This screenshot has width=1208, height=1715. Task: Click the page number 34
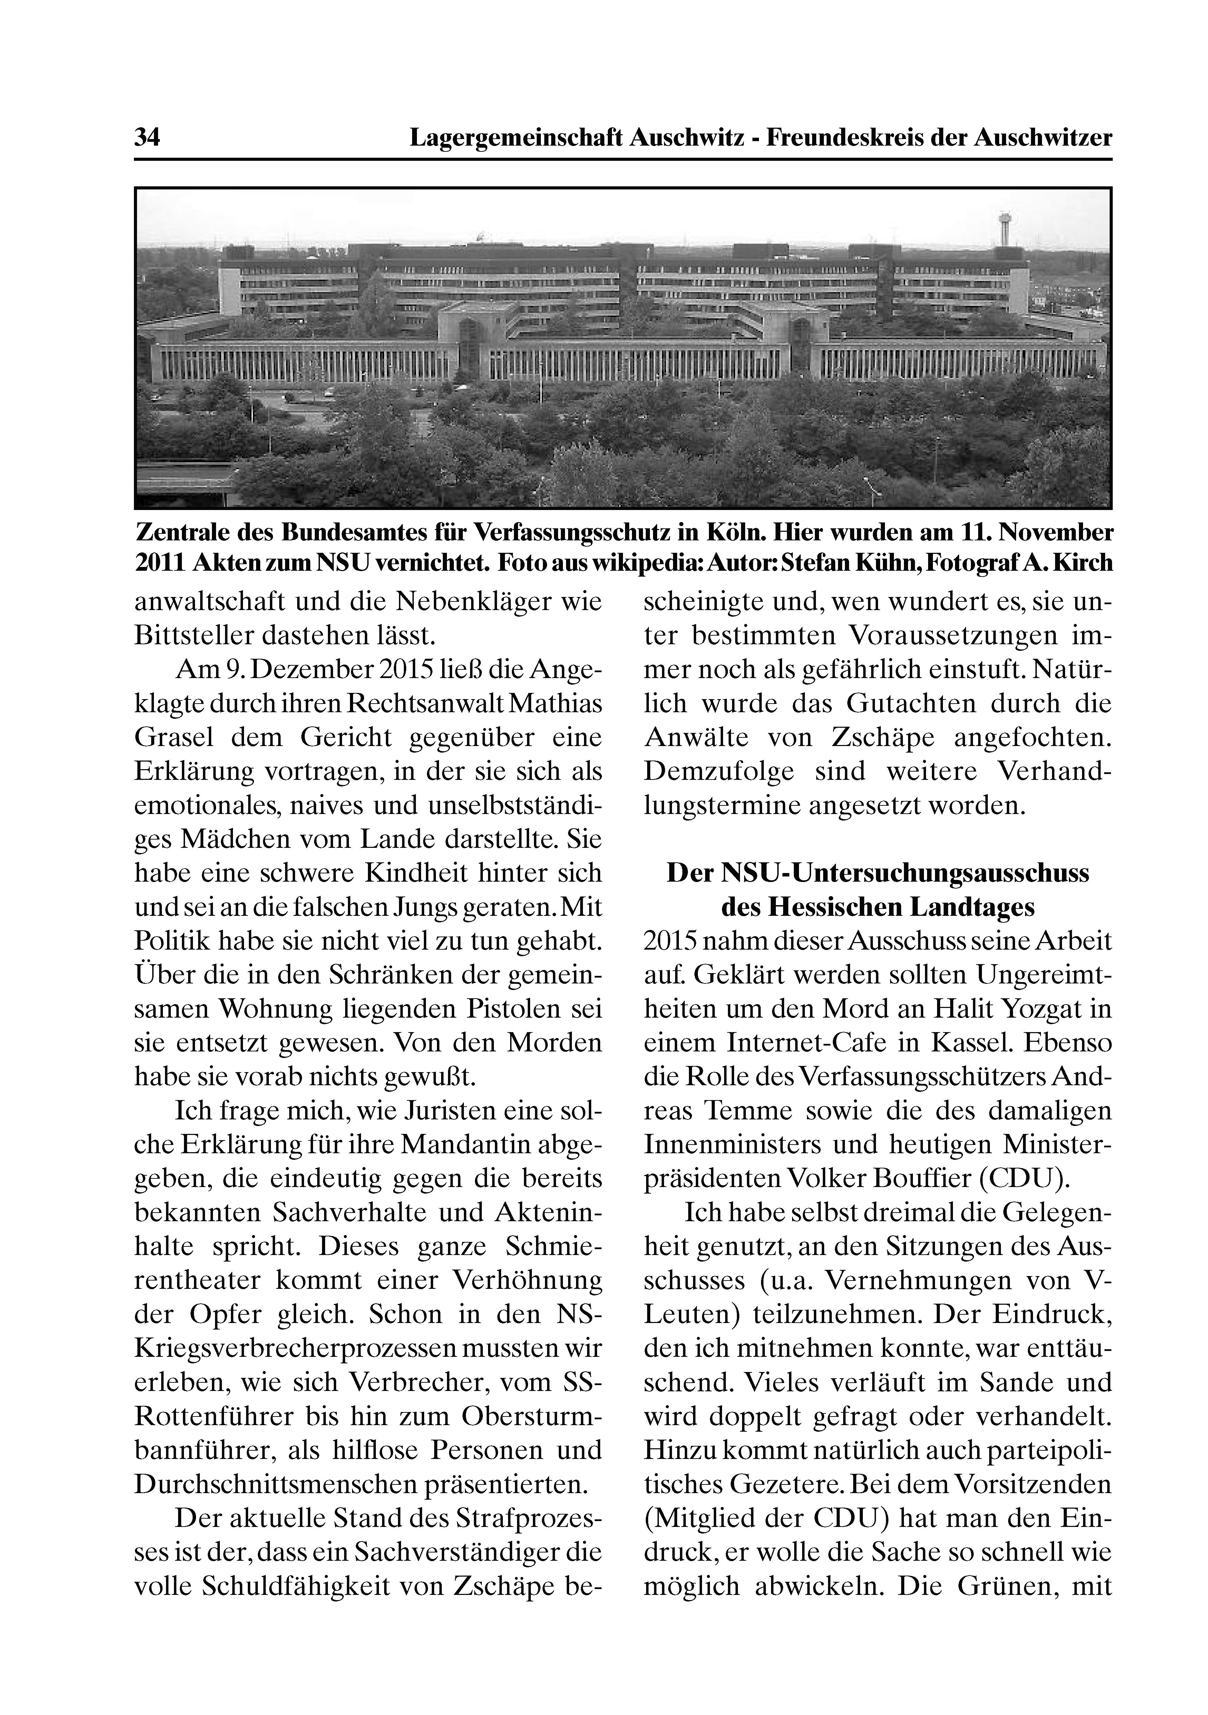(x=147, y=138)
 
